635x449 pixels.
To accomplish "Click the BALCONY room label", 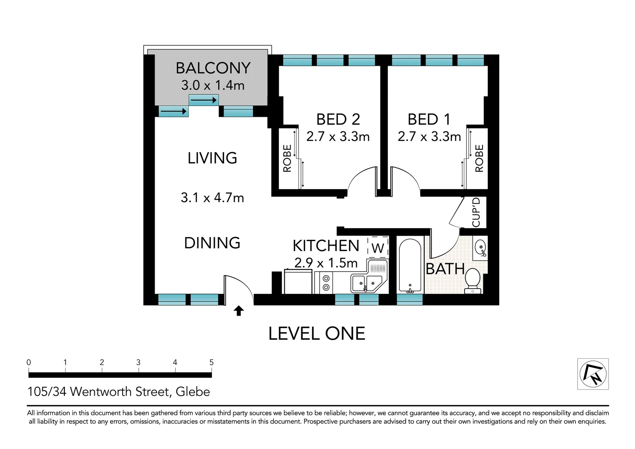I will [x=213, y=68].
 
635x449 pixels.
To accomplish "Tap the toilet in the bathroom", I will [x=473, y=279].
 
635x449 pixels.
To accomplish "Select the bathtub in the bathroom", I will [x=410, y=265].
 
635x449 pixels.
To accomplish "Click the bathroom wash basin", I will [x=480, y=248].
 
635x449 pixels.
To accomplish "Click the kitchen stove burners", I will [x=326, y=283].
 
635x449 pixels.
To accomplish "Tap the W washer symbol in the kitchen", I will [x=377, y=248].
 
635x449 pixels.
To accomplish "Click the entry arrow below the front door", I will [x=239, y=311].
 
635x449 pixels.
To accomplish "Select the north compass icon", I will [x=593, y=374].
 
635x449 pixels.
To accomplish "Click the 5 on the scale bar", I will [x=211, y=363].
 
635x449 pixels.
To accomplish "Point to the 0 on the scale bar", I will [x=29, y=363].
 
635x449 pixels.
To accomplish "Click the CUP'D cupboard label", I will [x=476, y=212].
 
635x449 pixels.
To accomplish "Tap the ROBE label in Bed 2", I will [x=287, y=158].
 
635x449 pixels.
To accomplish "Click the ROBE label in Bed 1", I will [x=479, y=158].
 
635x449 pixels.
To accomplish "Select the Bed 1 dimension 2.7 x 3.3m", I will [x=429, y=136].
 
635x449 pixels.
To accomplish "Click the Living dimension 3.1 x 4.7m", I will [x=212, y=197].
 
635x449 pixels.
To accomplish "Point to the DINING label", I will [x=212, y=243].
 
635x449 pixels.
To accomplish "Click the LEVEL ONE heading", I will [x=317, y=333].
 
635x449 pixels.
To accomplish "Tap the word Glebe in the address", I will [x=193, y=392].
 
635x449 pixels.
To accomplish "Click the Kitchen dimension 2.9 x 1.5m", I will [x=326, y=263].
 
